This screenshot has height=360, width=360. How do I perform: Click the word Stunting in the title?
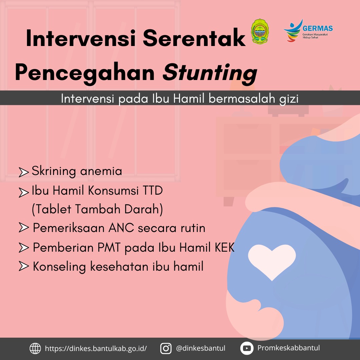210,73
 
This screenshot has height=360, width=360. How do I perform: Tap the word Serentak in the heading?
194,38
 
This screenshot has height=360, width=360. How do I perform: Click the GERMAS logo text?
318,28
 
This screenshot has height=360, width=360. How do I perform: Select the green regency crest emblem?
260,31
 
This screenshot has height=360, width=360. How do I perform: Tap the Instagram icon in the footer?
166,348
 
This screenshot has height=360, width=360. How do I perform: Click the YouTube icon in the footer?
247,348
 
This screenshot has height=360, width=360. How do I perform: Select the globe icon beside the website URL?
35,349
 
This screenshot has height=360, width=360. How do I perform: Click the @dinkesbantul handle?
200,348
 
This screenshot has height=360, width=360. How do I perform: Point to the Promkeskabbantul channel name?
288,348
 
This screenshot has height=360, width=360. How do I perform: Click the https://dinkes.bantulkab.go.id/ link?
96,349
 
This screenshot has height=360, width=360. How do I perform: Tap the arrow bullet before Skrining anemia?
24,172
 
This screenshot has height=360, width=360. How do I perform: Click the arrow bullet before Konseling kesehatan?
24,266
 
